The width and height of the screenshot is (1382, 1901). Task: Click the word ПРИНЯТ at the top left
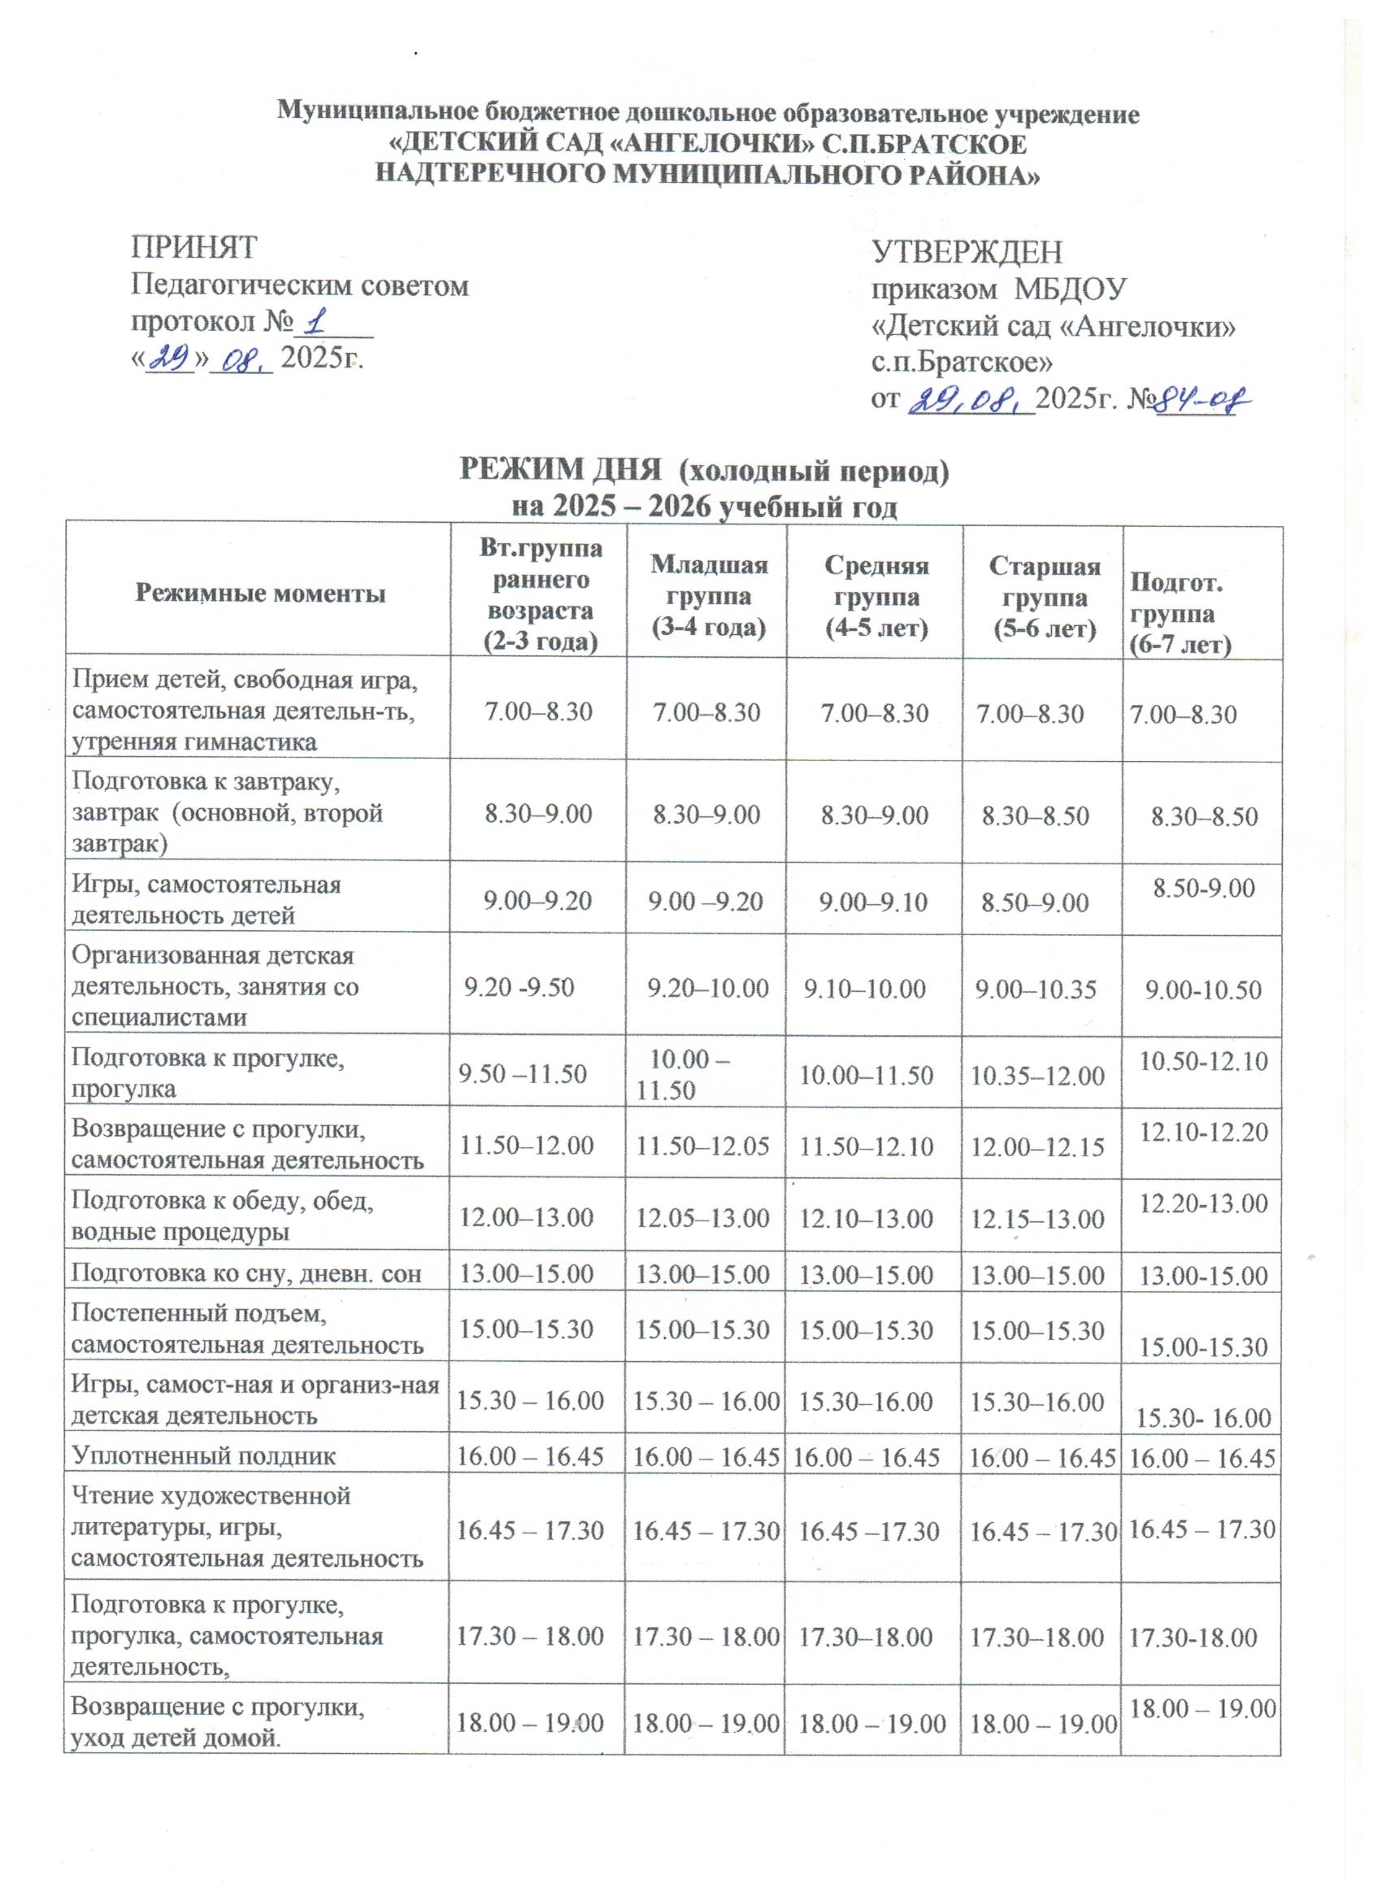(x=193, y=248)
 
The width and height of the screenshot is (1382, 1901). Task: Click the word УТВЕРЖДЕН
(x=967, y=251)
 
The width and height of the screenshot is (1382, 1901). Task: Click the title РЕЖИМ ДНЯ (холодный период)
(x=704, y=472)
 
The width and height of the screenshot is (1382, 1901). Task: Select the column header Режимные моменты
(x=260, y=594)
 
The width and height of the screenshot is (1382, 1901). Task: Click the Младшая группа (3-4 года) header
(x=709, y=596)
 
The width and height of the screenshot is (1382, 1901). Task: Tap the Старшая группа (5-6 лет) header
(x=1045, y=596)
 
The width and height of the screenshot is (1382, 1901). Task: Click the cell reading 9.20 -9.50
(x=519, y=988)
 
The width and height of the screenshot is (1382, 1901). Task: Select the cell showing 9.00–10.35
(x=1036, y=989)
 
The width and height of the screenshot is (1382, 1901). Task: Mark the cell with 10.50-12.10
(x=1203, y=1062)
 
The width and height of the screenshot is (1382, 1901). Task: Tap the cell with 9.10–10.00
(x=865, y=989)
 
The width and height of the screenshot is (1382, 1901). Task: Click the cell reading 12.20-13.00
(x=1203, y=1203)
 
